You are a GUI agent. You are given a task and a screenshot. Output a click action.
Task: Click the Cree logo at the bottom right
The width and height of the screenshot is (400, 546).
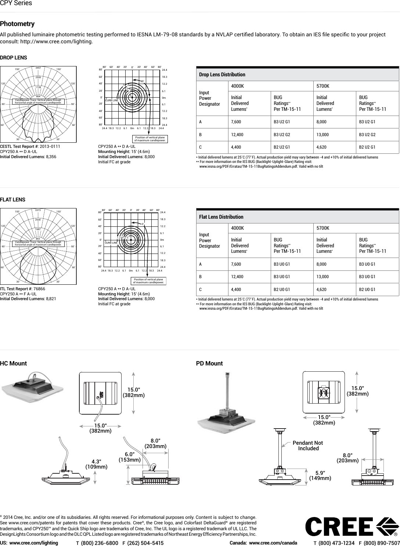point(352,527)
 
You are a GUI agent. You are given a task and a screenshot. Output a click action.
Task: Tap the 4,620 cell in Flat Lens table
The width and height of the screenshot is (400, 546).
point(324,290)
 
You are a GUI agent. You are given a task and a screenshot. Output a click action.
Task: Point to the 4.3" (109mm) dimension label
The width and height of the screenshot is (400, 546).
point(96,464)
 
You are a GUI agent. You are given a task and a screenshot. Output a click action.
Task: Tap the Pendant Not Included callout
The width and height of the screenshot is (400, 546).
point(308,445)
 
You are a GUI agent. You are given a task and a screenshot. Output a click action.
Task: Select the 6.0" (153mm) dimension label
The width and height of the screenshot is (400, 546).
point(129,457)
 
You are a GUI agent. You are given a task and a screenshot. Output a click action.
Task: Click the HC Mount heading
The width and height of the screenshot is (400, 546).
point(14,364)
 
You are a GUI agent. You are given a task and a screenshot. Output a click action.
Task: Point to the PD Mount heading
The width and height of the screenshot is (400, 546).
point(209,364)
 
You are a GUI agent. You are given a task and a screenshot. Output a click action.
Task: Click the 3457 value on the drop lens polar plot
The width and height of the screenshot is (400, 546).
point(38,68)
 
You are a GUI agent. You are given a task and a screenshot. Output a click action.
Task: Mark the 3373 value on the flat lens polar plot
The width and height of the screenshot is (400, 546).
point(38,210)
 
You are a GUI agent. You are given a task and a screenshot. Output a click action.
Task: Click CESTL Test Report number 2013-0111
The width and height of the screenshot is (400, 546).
point(46,146)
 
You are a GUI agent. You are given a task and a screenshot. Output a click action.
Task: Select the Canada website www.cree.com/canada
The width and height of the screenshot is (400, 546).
point(273,543)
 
